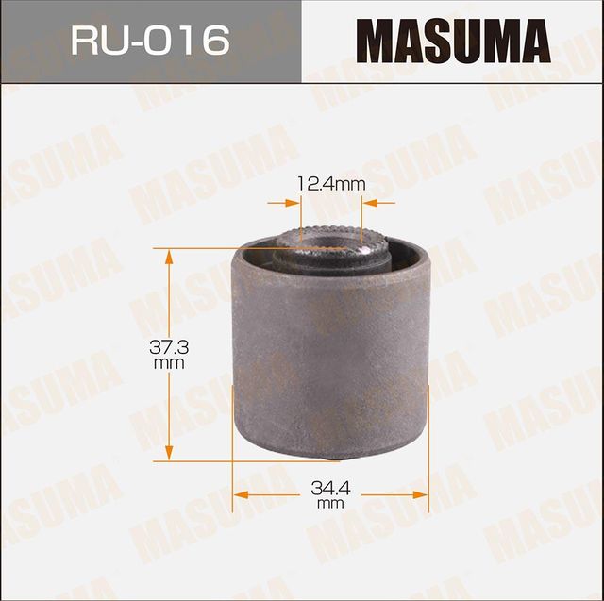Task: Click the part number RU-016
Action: (150, 41)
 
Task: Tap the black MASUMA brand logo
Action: (452, 42)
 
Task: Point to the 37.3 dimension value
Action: (170, 348)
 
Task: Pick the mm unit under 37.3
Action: (170, 363)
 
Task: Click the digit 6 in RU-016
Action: (216, 41)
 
